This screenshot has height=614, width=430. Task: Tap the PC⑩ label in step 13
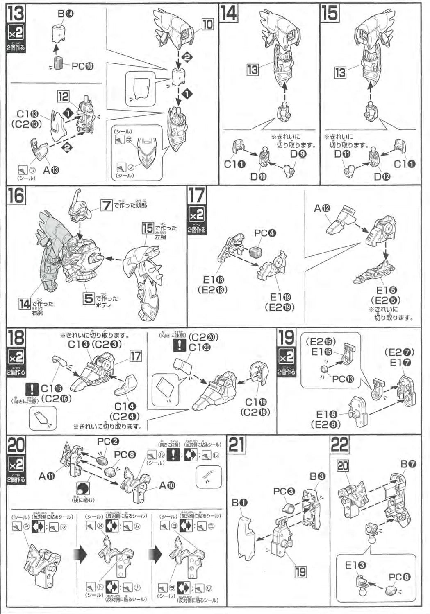tap(82, 66)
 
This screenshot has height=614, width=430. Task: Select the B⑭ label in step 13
tap(65, 14)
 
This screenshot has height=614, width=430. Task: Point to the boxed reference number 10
tap(207, 24)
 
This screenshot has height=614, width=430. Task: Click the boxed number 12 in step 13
tap(63, 97)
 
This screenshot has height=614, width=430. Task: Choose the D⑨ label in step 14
tap(298, 154)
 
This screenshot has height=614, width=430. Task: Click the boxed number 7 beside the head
tap(107, 204)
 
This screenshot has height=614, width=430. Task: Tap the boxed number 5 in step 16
tap(89, 298)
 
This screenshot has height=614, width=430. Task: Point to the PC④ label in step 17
tap(265, 233)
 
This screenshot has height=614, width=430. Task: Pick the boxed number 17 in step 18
tap(136, 356)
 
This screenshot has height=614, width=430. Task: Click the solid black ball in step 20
tap(83, 488)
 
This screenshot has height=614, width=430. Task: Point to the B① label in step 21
tap(240, 502)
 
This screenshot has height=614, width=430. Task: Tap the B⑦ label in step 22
tap(408, 464)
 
